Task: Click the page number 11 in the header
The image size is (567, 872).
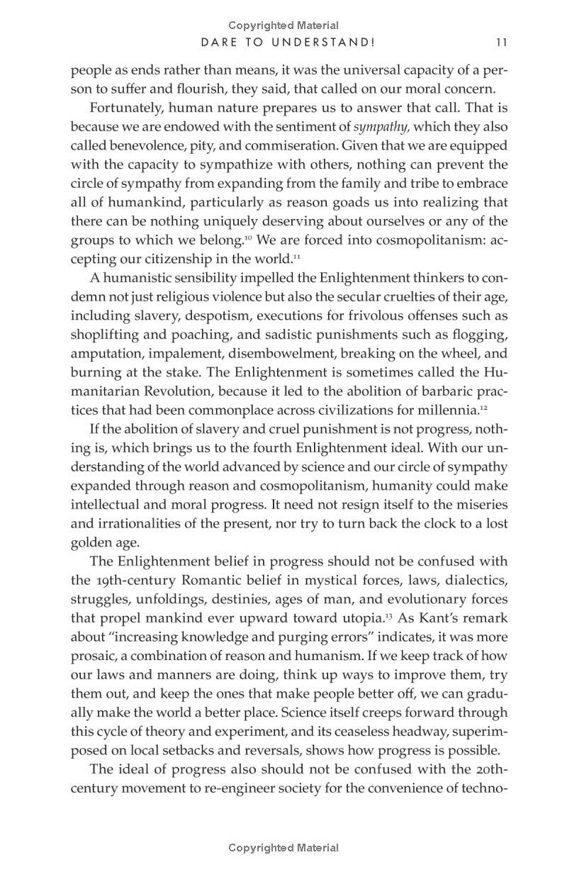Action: coord(502,43)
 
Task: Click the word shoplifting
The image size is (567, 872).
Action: coord(105,335)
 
